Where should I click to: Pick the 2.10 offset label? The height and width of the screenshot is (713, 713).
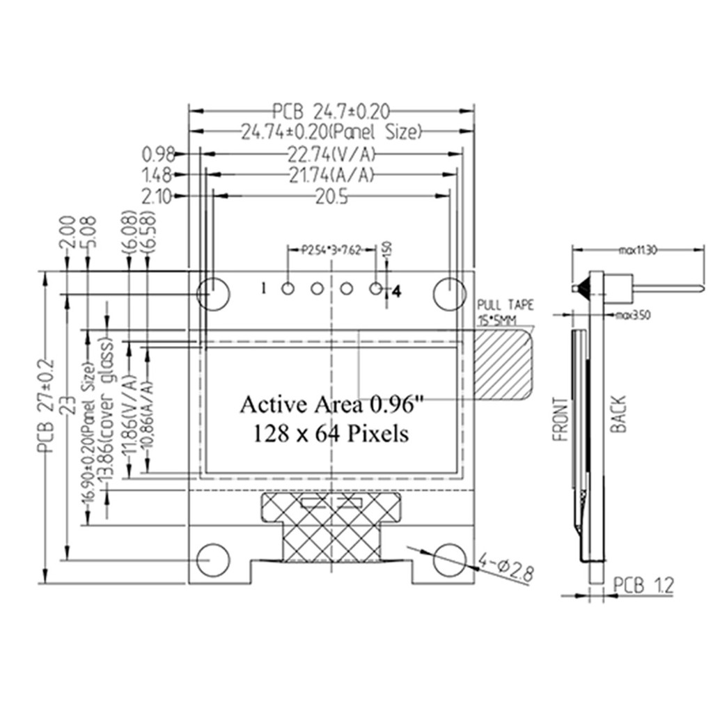click(156, 197)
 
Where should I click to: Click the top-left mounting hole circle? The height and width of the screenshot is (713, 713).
click(213, 293)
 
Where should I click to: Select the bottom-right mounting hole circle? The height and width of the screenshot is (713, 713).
click(450, 559)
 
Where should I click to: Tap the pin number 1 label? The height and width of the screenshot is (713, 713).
click(263, 288)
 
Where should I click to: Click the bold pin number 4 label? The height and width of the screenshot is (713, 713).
click(397, 292)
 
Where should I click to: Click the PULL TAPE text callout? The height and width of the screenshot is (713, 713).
click(506, 305)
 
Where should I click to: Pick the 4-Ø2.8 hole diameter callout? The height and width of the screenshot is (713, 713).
click(506, 567)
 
